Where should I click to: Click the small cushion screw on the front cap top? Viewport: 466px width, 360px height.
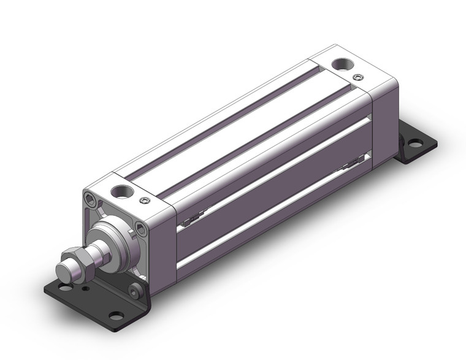pos(144,200)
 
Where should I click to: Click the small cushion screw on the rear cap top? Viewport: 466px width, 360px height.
pos(358,77)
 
